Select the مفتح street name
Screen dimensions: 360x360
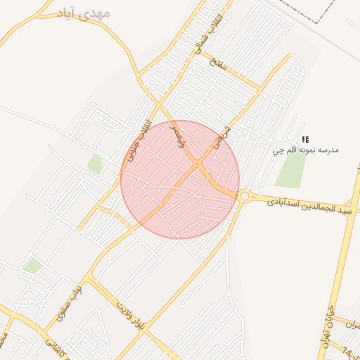(219, 64)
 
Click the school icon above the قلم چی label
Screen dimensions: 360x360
(305, 139)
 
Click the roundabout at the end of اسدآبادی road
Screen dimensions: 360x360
(245, 197)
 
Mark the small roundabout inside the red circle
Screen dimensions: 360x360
(198, 165)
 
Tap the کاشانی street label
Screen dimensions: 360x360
(52, 344)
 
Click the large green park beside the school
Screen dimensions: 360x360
(291, 169)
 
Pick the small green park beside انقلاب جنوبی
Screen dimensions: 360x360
(95, 164)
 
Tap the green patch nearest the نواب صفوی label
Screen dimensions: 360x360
(32, 265)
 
